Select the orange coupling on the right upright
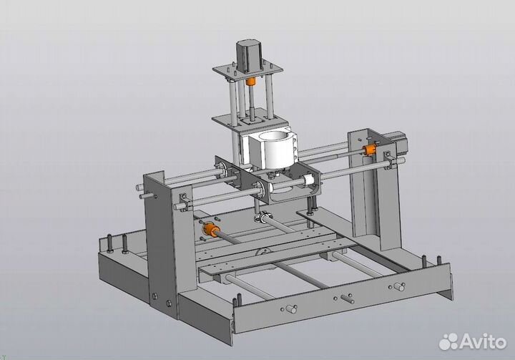point(370,149)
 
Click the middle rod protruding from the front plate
point(348,299)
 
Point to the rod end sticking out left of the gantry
point(141,188)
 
